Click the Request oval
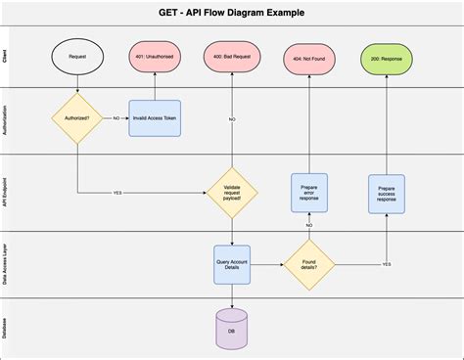click(77, 58)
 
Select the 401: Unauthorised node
click(155, 58)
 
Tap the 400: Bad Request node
click(231, 58)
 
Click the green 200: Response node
click(386, 60)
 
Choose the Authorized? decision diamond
click(77, 119)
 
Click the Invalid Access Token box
click(155, 119)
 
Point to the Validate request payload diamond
click(231, 191)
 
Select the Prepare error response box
click(308, 191)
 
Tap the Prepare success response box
click(386, 191)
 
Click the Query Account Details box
click(231, 265)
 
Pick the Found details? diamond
click(308, 265)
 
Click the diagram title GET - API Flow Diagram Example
click(231, 13)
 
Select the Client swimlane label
click(7, 59)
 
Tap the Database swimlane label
click(7, 328)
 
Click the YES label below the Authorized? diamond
click(118, 191)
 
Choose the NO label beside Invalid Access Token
click(116, 119)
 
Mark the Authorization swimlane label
click(7, 121)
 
